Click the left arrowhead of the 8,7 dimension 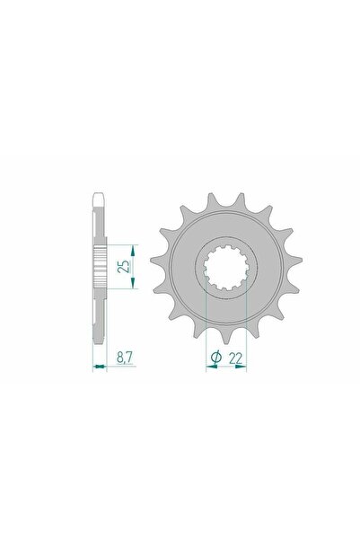pos(94,367)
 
